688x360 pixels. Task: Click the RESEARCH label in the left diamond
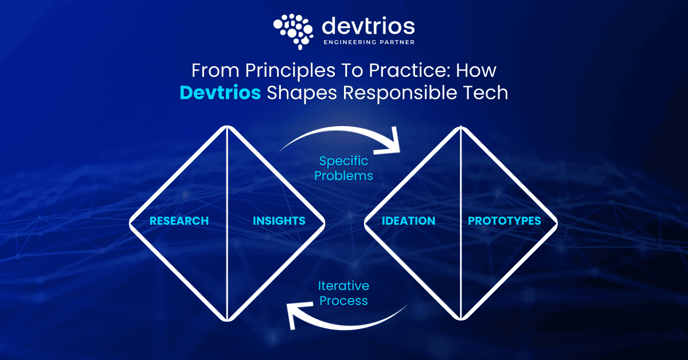tap(179, 221)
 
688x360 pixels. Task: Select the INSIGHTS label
tap(279, 221)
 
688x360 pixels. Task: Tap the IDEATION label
tap(409, 221)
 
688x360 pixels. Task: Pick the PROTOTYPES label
tap(505, 221)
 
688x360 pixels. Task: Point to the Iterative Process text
tap(344, 293)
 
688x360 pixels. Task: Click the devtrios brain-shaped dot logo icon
tap(294, 29)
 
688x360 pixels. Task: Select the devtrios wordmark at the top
tap(368, 26)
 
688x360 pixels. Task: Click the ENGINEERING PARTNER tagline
tap(368, 42)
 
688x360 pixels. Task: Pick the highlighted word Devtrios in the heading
tap(220, 92)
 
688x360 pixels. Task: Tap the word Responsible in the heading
tap(402, 92)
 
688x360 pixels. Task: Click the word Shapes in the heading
tap(298, 92)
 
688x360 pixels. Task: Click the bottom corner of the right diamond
tap(461, 319)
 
